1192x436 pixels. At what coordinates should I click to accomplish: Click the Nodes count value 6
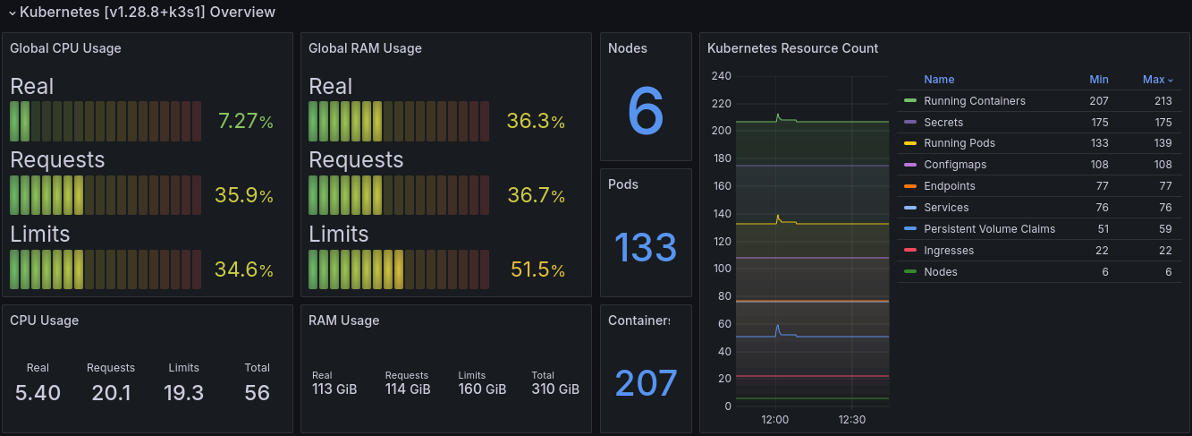pos(646,111)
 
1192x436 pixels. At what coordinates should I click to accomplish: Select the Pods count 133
pos(646,247)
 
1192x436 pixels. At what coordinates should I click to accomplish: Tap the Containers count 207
pos(646,383)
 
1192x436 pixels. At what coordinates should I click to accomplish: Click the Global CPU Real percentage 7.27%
pos(245,121)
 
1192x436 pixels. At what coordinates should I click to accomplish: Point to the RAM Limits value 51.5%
pos(537,269)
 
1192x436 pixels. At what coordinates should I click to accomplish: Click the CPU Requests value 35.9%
pos(244,195)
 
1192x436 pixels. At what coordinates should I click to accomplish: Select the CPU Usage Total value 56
pos(257,393)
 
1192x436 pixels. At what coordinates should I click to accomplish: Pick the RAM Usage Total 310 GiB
pos(555,389)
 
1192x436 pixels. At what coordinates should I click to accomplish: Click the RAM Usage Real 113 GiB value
pos(334,389)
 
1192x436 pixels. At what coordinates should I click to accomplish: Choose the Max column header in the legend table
pos(1154,80)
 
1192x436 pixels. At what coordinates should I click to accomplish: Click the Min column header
pos(1098,80)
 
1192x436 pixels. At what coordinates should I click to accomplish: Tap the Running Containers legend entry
pos(975,101)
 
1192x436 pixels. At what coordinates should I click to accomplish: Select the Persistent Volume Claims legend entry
pos(989,228)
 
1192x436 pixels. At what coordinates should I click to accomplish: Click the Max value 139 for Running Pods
pos(1162,143)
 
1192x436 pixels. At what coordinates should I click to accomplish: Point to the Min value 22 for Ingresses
pos(1102,250)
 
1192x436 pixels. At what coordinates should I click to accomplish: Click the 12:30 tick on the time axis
pos(851,420)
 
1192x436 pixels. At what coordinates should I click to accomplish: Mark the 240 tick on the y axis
pos(721,76)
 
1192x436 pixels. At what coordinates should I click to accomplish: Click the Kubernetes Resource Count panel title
pos(792,48)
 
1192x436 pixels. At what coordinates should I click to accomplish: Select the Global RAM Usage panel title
pos(365,48)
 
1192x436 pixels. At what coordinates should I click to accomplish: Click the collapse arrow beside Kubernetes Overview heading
pos(13,13)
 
